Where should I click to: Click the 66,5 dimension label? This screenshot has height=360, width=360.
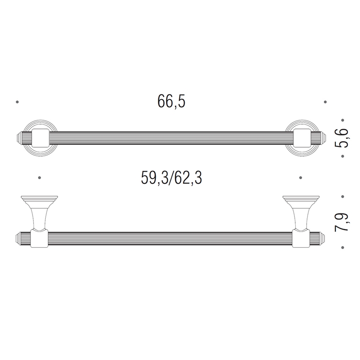(x=171, y=102)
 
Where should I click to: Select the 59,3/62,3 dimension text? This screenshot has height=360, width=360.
(x=171, y=178)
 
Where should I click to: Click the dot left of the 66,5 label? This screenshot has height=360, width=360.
(x=17, y=102)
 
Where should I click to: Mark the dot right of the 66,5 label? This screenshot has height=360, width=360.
(x=325, y=102)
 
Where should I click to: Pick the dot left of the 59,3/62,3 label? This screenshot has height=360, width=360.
(x=39, y=178)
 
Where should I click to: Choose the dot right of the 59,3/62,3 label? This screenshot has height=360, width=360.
(x=301, y=178)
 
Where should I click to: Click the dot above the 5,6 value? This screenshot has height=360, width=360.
(x=343, y=120)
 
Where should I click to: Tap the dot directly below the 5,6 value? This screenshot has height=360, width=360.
(x=343, y=156)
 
